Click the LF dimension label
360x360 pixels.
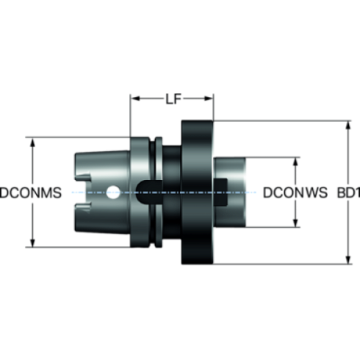click(x=173, y=99)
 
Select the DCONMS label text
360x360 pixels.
click(x=31, y=192)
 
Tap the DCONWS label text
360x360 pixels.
click(x=295, y=192)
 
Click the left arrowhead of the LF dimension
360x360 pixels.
click(x=135, y=98)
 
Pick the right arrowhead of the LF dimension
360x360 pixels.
click(x=209, y=98)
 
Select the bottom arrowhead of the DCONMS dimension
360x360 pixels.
click(x=32, y=242)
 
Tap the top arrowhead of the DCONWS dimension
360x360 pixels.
click(x=296, y=162)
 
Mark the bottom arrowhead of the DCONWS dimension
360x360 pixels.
click(x=296, y=223)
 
